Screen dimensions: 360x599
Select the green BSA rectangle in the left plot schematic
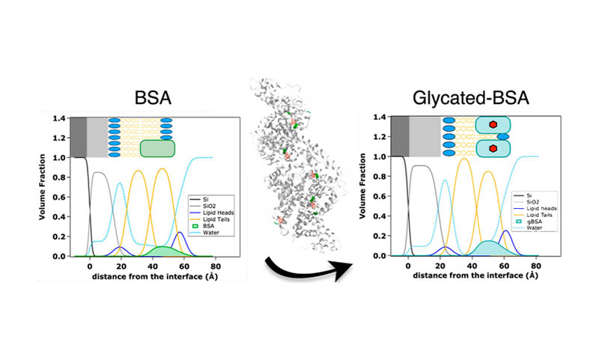pos(156,148)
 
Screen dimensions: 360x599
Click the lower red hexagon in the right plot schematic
pos(493,149)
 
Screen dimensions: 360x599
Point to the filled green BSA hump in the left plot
pos(160,250)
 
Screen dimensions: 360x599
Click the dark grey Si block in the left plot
pos(78,137)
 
